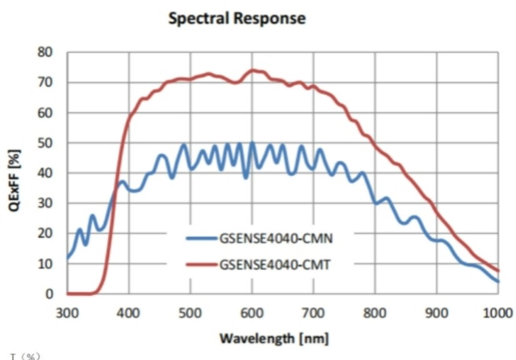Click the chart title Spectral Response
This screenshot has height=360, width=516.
coord(237,19)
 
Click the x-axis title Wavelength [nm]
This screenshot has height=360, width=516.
coord(273,338)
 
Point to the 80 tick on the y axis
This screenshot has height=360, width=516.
coord(46,52)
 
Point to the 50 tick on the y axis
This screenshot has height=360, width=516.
coord(46,142)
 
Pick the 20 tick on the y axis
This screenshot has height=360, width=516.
coord(46,233)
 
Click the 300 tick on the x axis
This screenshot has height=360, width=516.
coord(68,312)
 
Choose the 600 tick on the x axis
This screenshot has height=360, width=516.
coord(252,312)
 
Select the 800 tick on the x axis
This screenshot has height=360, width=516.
coord(375,312)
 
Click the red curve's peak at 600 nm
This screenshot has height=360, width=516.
coord(252,70)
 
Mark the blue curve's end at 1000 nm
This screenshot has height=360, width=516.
coord(498,281)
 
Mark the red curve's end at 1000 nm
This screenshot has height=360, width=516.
coord(498,271)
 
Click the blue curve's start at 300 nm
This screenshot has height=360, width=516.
coord(68,257)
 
